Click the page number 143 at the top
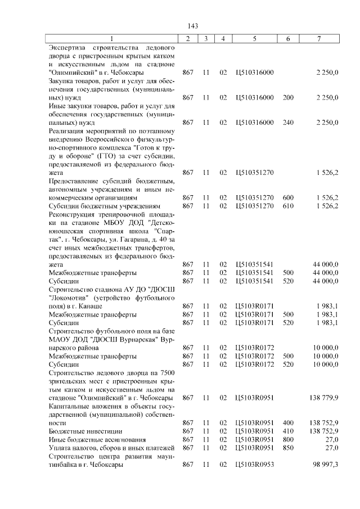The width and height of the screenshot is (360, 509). coord(193,26)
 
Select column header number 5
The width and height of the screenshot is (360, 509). coord(255,39)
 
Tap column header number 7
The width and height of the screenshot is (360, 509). coord(319,39)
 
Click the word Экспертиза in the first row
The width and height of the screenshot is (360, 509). coord(69,48)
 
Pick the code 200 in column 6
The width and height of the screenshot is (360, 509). coord(288,97)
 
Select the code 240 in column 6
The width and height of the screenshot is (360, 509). coord(288,122)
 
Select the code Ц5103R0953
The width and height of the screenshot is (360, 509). coord(255,464)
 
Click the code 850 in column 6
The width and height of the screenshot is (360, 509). coord(288,447)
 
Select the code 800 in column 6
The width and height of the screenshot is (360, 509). coord(288,439)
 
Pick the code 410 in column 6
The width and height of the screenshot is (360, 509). coord(288,431)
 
